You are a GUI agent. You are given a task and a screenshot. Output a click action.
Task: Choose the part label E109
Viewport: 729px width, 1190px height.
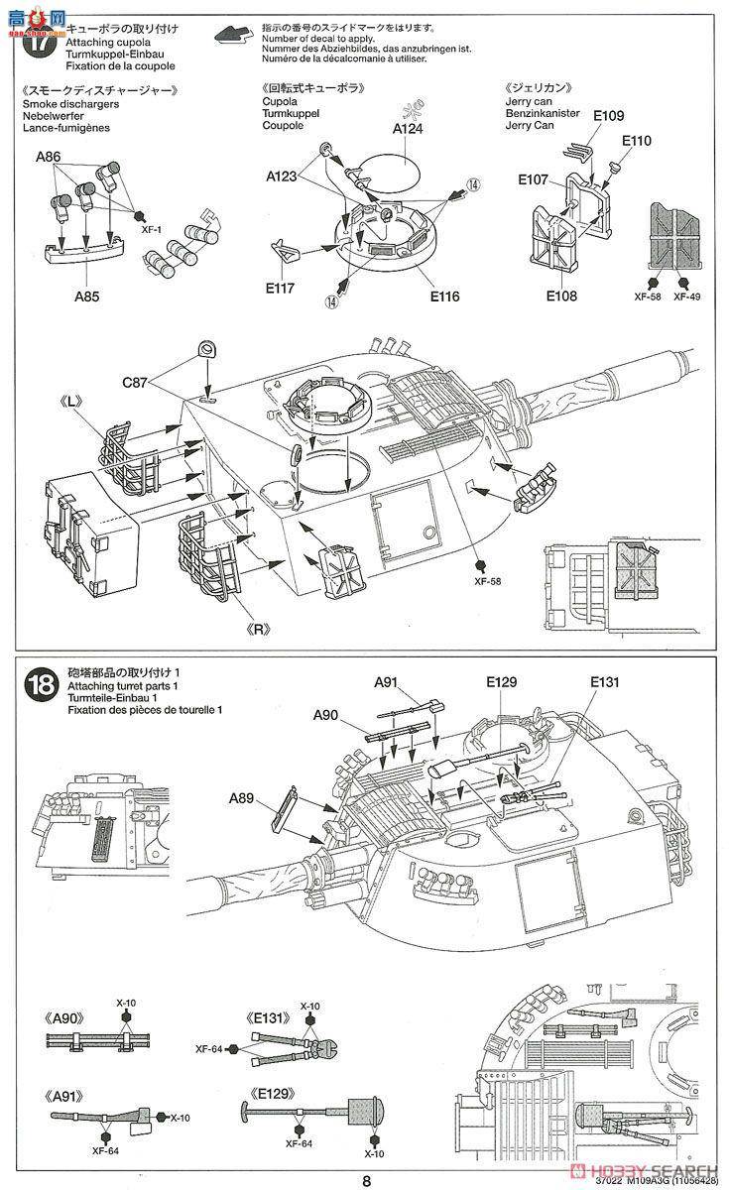609,117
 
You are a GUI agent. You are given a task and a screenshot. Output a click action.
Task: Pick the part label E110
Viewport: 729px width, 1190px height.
638,141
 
